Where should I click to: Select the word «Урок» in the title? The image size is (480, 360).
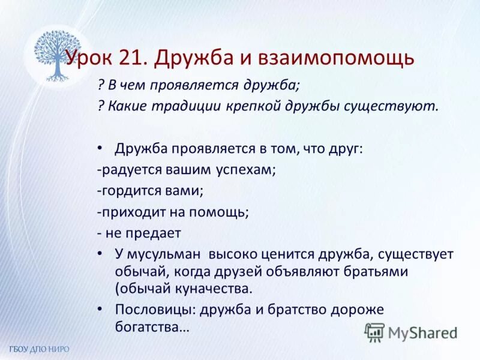pos(88,58)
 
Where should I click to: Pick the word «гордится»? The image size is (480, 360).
pos(127,191)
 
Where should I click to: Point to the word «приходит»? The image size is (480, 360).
pos(128,212)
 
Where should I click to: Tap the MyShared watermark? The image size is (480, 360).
pos(412,332)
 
